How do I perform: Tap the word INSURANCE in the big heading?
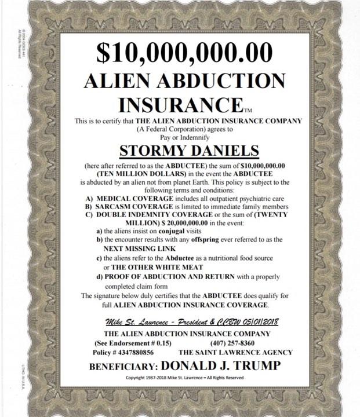click(179, 105)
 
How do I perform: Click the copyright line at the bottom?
click(184, 378)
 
